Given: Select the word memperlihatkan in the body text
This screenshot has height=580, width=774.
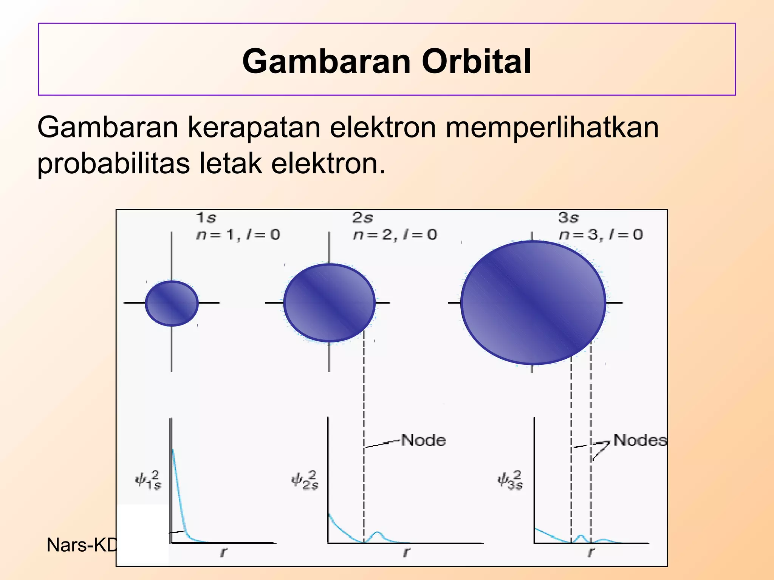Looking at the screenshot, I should tap(552, 127).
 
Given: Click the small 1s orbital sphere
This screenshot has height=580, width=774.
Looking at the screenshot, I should tap(172, 303).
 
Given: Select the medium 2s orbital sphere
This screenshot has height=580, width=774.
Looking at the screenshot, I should tap(329, 303).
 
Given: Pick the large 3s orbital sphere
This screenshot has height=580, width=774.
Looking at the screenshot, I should tap(533, 303).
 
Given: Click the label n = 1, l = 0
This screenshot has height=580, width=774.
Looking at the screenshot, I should tap(238, 235).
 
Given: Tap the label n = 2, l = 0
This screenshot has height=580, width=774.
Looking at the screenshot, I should tap(395, 235).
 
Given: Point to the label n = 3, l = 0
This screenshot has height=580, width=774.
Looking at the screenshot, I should tap(601, 235).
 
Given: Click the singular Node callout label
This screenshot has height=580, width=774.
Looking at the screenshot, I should tap(423, 440).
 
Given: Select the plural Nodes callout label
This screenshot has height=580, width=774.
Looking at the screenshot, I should tap(640, 440).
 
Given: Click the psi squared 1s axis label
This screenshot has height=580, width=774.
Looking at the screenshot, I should tap(149, 480).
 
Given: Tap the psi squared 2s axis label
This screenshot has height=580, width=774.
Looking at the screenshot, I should tap(305, 480).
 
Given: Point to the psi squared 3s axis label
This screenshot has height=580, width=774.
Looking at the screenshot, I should tap(510, 480).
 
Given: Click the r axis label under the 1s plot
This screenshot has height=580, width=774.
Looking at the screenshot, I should tap(224, 552).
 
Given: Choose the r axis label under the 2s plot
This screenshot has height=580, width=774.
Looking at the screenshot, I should tap(406, 552).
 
